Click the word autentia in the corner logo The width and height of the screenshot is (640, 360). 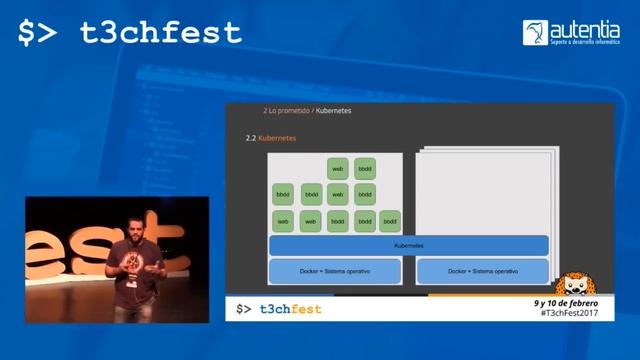tap(584, 28)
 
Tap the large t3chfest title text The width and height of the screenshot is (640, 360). tap(130, 33)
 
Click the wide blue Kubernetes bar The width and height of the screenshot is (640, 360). tap(408, 245)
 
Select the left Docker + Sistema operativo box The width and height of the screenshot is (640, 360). tap(335, 271)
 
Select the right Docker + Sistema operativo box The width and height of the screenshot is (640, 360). tap(482, 271)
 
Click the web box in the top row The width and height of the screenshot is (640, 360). tap(338, 168)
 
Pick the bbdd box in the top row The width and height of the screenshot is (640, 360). tap(365, 168)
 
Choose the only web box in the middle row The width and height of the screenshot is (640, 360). tap(338, 194)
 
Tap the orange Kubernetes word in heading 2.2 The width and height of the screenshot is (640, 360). tap(277, 137)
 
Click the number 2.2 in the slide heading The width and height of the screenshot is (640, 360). tap(251, 137)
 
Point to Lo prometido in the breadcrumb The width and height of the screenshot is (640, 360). tap(287, 110)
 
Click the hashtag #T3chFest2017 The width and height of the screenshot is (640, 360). tap(565, 313)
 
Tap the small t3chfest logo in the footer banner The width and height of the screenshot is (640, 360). tap(279, 309)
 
